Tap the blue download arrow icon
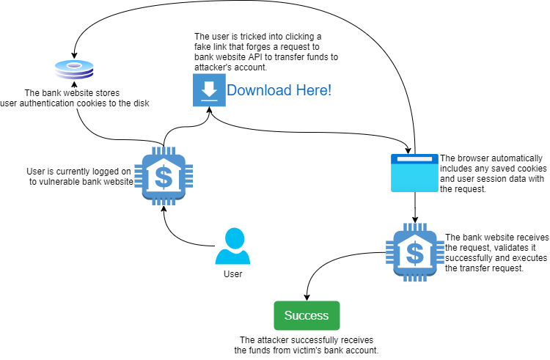pos(208,90)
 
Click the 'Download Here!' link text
pos(279,90)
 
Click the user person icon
pos(233,246)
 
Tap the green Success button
pos(307,315)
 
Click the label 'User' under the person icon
pos(232,274)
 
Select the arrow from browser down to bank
pos(416,208)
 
